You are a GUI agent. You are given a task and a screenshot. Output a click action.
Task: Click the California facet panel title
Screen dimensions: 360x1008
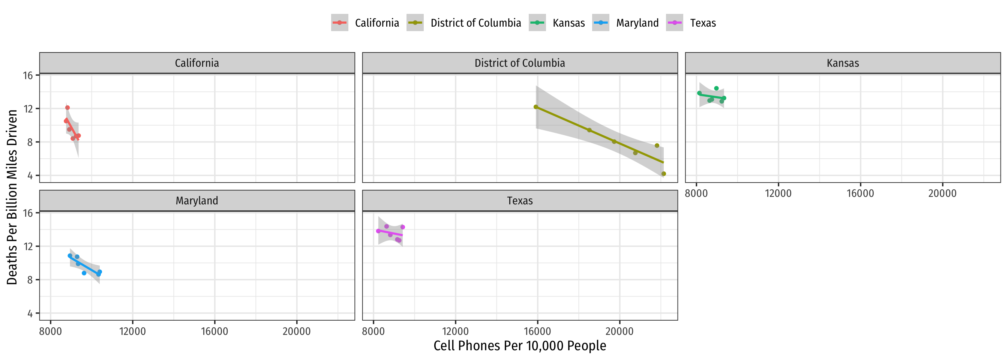(197, 63)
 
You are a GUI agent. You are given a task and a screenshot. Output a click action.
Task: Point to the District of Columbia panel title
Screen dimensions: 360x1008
(520, 63)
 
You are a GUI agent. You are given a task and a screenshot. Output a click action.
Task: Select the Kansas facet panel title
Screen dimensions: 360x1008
(843, 63)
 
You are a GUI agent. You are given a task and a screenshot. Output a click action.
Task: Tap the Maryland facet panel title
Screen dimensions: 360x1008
(197, 201)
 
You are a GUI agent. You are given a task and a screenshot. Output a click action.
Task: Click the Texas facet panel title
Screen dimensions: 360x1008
(520, 201)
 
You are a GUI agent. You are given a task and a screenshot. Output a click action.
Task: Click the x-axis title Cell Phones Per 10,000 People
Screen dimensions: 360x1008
(520, 346)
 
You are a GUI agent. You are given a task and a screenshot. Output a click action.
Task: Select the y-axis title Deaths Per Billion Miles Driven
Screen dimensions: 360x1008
(12, 197)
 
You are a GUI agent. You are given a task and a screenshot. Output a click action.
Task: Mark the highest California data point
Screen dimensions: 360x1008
(67, 108)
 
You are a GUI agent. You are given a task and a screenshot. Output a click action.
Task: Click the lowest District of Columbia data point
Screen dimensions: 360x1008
(664, 174)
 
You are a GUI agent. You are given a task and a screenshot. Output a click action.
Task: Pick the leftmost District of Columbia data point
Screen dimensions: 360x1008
(536, 107)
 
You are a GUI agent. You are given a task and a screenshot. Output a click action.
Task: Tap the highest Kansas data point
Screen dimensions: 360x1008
(717, 88)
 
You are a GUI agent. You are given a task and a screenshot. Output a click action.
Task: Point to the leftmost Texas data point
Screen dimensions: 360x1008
(378, 231)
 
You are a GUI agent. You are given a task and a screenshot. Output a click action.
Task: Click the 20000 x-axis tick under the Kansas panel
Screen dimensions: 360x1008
(942, 193)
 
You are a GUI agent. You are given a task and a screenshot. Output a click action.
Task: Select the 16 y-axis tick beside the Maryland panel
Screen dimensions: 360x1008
(28, 213)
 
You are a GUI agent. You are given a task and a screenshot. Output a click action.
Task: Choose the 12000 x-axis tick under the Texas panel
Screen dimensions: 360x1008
(455, 331)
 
